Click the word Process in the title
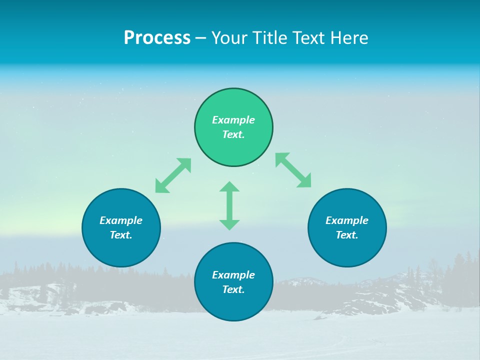(157, 38)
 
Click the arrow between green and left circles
(173, 175)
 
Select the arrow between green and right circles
(293, 170)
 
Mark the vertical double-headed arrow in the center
(229, 205)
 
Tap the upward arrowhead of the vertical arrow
(229, 186)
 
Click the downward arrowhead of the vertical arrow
(229, 224)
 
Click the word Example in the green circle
(233, 120)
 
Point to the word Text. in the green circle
(233, 134)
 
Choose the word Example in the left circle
(121, 220)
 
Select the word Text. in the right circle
(347, 235)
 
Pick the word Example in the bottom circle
(233, 275)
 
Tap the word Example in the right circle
(347, 220)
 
